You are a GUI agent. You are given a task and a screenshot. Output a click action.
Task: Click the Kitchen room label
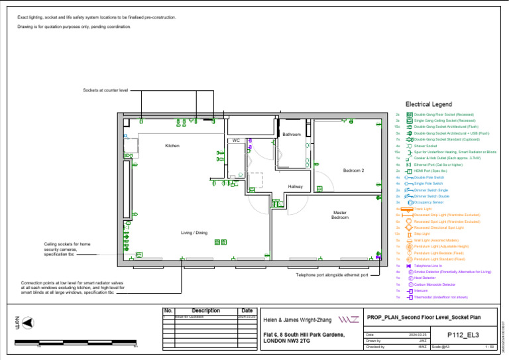[172, 146]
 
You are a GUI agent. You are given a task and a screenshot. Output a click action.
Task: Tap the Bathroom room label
[291, 135]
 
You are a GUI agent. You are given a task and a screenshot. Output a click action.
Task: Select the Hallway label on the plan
[295, 187]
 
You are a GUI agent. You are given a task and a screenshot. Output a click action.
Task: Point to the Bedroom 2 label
[353, 171]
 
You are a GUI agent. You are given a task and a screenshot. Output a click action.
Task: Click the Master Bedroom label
[340, 215]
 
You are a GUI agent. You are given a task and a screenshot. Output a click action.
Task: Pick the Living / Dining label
[194, 233]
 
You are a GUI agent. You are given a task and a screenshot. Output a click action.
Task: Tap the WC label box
[236, 141]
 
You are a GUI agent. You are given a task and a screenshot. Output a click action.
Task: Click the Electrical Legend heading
[428, 105]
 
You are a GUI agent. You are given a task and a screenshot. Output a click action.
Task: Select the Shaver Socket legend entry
[425, 146]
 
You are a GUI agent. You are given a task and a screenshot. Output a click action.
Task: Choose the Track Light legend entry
[422, 209]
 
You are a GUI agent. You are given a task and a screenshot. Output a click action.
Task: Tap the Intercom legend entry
[422, 291]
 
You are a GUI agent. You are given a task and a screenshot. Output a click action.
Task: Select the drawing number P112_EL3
[463, 335]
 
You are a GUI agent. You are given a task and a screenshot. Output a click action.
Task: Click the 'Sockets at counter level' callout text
[105, 90]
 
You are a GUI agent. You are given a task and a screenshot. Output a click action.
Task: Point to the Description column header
[205, 310]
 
